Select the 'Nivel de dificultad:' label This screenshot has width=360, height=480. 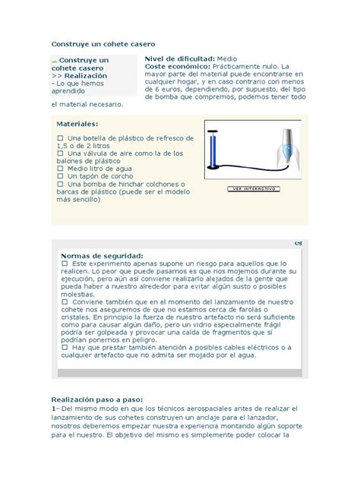(179, 58)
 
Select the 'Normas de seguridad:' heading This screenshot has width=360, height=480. (102, 256)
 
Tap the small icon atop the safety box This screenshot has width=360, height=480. (296, 244)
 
